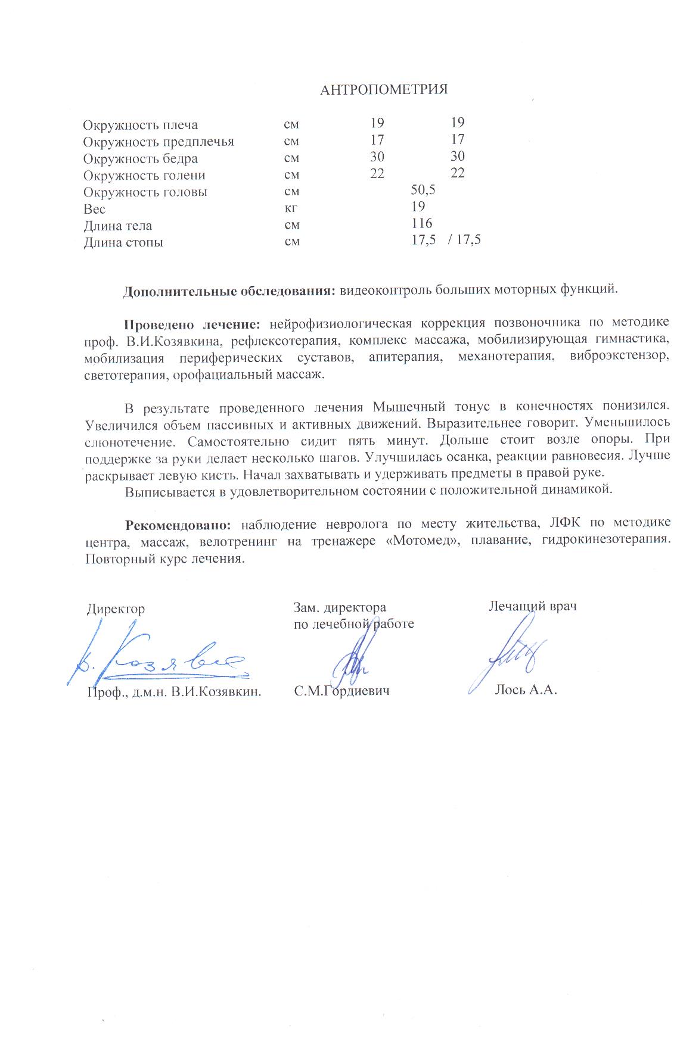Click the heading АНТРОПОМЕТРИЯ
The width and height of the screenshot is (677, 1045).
point(383,90)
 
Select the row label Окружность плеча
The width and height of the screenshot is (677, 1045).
point(140,125)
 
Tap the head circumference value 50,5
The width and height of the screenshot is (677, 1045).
point(423,190)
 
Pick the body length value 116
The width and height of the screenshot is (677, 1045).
point(421,224)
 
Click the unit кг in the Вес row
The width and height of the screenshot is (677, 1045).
point(291,208)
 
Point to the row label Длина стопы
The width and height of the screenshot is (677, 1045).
point(123,242)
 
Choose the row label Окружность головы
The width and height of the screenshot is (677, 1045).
point(145,192)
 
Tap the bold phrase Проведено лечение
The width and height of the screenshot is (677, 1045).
point(191,325)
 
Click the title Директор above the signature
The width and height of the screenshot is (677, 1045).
point(116,609)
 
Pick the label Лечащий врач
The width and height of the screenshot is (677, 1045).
point(532,606)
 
